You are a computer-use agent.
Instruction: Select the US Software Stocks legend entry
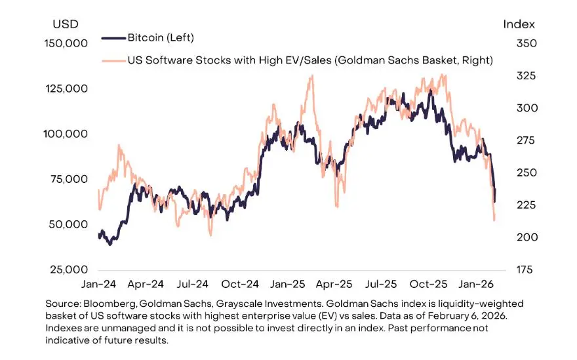(309, 60)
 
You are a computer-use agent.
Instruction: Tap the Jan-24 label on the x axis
(98, 285)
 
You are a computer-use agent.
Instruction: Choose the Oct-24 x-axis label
(240, 285)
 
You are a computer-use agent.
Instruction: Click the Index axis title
(519, 24)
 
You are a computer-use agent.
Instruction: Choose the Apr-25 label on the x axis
(335, 285)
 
